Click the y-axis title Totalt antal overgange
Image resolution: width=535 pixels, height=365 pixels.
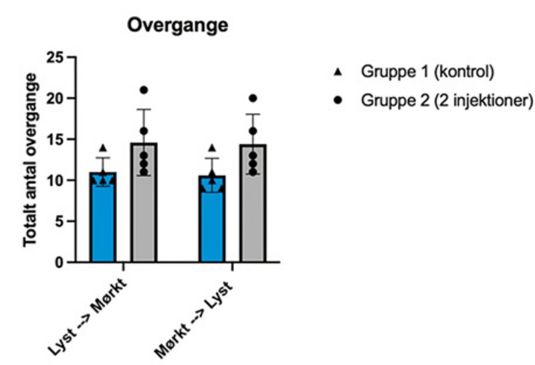point(30,161)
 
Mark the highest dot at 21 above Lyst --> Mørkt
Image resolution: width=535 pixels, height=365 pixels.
point(144,90)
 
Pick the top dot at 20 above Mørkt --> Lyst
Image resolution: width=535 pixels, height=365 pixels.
point(253,98)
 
